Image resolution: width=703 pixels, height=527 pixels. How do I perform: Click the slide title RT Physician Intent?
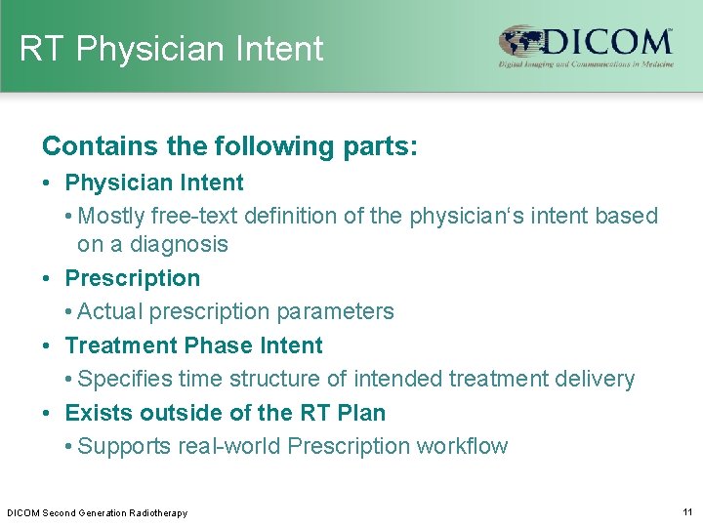coord(171,49)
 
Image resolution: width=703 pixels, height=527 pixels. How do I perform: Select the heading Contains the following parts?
coord(229,146)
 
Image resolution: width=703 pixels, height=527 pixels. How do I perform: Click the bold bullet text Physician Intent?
coord(154,182)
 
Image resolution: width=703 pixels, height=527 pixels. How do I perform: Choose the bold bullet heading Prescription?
coord(132,278)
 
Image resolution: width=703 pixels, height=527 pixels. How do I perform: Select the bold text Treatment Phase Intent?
coord(193,345)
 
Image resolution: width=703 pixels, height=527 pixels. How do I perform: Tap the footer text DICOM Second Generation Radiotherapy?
coord(97,512)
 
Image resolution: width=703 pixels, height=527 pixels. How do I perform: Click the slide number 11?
coord(687,511)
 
